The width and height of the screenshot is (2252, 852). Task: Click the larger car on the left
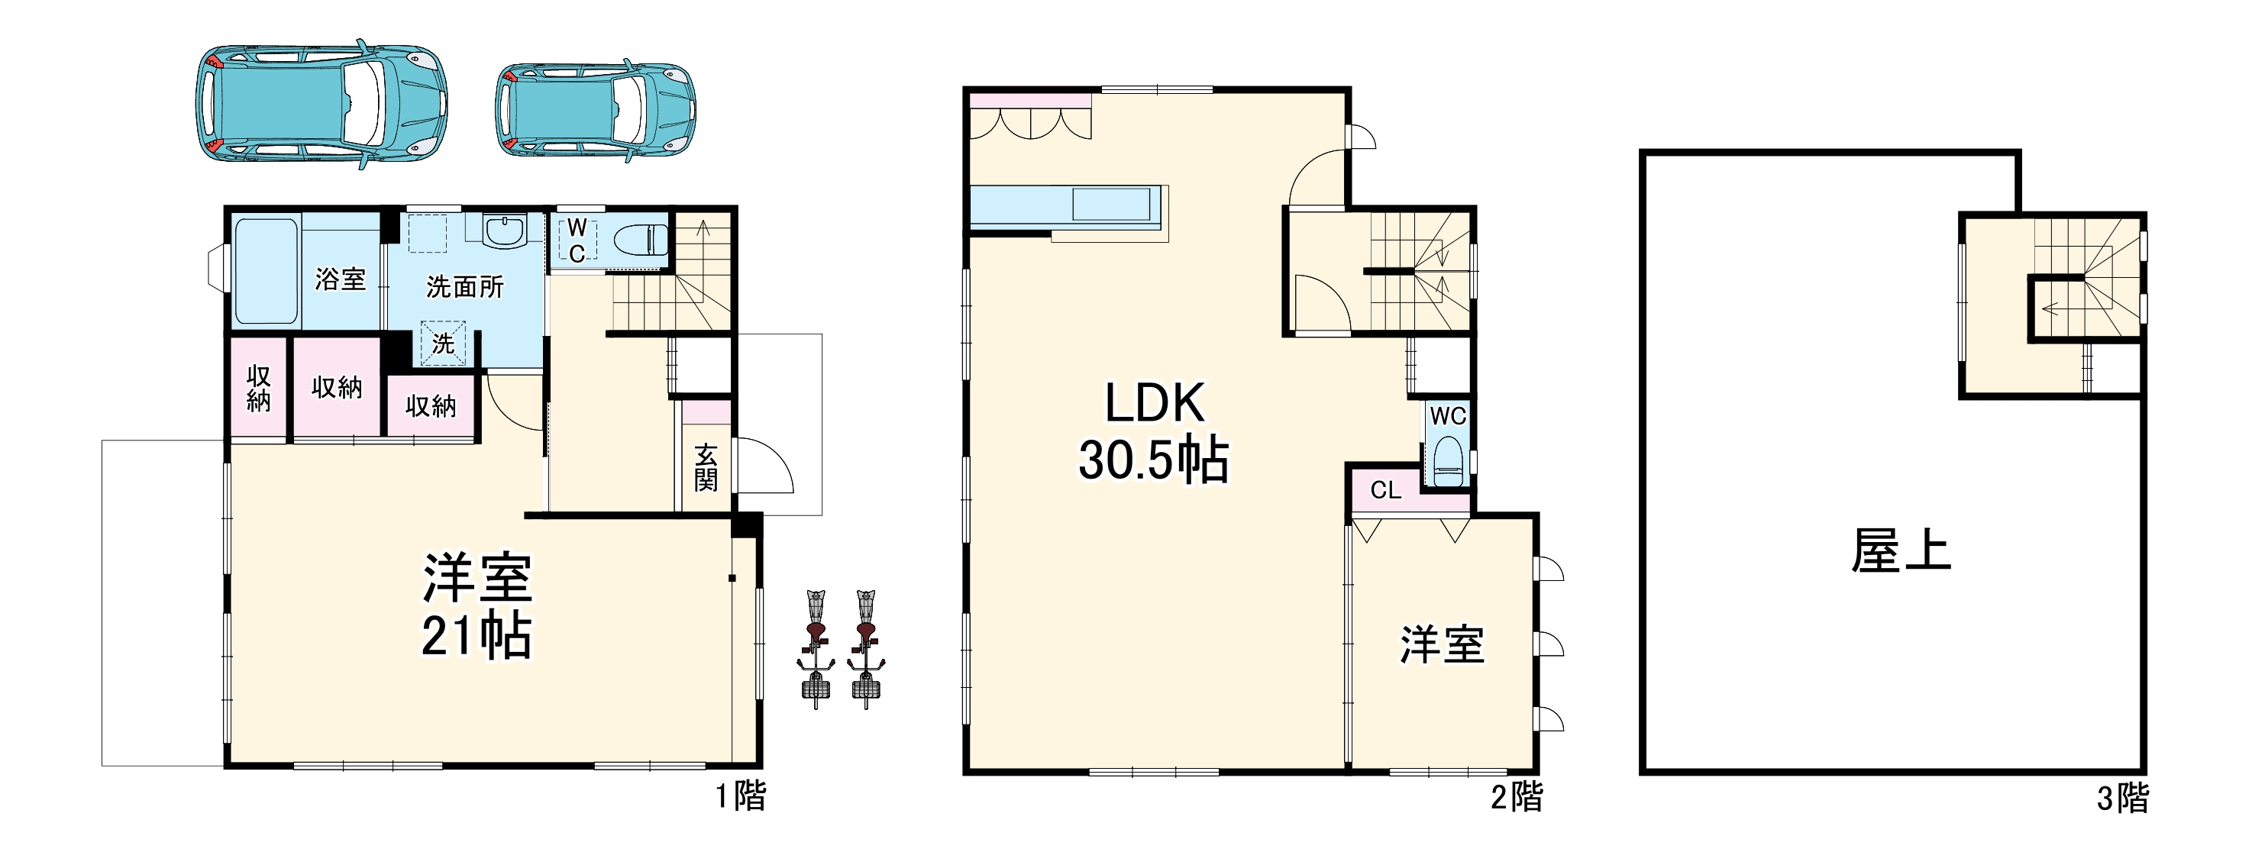(x=321, y=104)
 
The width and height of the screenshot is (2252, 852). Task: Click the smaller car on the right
(x=596, y=110)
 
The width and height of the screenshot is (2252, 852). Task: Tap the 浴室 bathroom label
(x=340, y=279)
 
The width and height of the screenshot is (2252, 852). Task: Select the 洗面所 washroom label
(x=464, y=286)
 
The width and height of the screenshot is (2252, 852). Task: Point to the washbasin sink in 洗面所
(x=505, y=231)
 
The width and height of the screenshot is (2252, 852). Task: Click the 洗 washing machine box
(x=443, y=344)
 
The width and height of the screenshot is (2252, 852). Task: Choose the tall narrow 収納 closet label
(x=259, y=389)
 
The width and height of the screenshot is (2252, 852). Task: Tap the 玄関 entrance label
(x=706, y=466)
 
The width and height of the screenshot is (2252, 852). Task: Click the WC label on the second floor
(x=1448, y=416)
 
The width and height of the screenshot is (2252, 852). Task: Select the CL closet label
(x=1386, y=490)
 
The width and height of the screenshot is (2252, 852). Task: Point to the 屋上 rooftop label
(x=1901, y=551)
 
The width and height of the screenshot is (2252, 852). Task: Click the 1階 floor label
(x=741, y=796)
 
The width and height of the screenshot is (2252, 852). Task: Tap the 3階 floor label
(x=2123, y=798)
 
